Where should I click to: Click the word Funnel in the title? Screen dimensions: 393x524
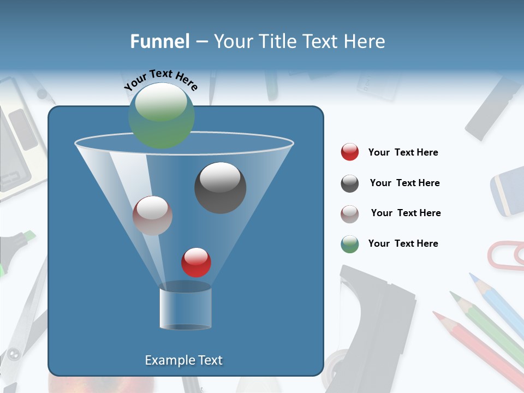(x=159, y=41)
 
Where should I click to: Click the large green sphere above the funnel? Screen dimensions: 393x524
(x=161, y=115)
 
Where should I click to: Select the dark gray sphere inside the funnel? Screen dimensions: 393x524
(x=220, y=187)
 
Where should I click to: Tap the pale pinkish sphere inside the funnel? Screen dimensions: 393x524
(x=152, y=216)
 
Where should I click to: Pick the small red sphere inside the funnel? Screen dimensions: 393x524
(x=196, y=262)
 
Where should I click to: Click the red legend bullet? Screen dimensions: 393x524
(x=350, y=152)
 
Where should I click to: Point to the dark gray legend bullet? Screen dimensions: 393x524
(x=350, y=183)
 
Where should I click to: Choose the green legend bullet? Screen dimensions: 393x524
(x=350, y=244)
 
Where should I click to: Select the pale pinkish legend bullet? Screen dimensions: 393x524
(x=350, y=213)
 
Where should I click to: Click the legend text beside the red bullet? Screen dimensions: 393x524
(x=403, y=152)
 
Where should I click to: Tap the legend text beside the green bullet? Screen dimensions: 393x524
(x=403, y=243)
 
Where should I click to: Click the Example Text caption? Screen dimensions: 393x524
(x=183, y=360)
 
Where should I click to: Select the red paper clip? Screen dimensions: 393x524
(x=505, y=255)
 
